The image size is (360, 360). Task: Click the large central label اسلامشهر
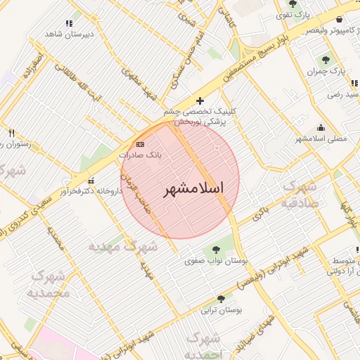point(193,189)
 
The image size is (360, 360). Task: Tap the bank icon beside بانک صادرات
point(140,143)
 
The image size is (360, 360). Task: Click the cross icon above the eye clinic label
point(201,101)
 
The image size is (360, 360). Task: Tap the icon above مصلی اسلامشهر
point(321,127)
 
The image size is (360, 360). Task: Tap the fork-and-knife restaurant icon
point(11,132)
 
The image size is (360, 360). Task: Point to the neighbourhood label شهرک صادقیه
point(302,194)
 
